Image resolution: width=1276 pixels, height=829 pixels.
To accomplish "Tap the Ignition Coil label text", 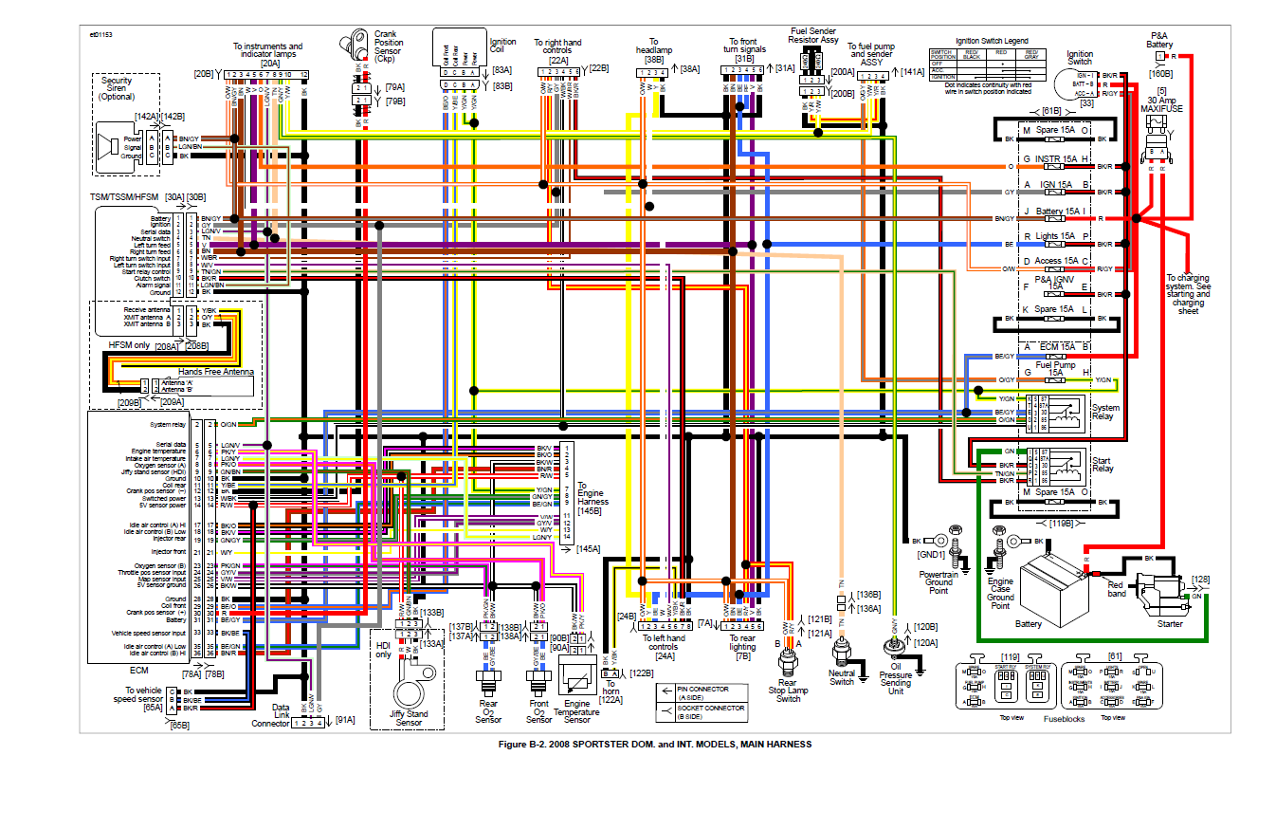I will point(503,46).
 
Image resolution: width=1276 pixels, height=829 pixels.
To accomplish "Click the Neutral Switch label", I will point(842,677).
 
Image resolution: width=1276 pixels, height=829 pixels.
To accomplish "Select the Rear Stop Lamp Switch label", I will point(788,691).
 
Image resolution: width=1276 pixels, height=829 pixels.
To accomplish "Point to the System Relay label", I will point(1105,413).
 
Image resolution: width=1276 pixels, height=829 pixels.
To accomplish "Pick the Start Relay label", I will point(1103,464).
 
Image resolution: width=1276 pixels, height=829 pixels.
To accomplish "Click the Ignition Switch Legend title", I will point(992,42).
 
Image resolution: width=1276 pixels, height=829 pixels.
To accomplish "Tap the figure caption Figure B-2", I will point(655,745).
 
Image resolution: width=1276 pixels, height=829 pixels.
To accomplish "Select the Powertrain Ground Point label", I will point(939,582).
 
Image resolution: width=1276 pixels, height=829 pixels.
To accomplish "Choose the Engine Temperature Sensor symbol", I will point(575,677).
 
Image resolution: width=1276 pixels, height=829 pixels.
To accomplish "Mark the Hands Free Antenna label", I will point(216,372).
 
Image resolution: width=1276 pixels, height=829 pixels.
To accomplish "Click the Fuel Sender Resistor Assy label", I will point(814,36).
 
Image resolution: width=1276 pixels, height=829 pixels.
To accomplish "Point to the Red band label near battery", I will point(1116,589).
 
